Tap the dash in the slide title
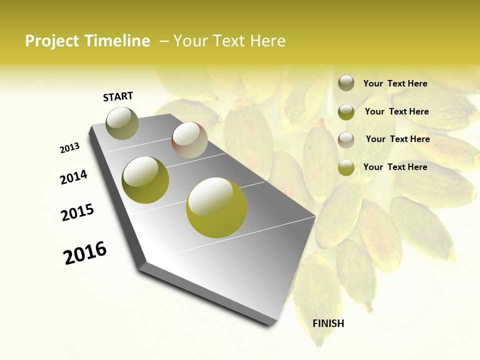point(164,41)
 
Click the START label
point(118,96)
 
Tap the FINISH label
point(328,323)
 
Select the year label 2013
point(69,148)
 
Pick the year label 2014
point(73,177)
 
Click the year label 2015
point(77,212)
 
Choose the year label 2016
point(85,253)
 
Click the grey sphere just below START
point(122,123)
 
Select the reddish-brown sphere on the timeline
point(189,139)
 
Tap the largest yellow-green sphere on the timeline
point(216,207)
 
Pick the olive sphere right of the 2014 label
point(145,179)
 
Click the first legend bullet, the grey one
point(346,83)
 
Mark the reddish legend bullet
point(346,139)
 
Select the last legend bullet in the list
point(346,167)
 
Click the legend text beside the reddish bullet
point(397,139)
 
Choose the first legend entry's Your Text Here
point(395,83)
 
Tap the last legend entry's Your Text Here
point(395,167)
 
